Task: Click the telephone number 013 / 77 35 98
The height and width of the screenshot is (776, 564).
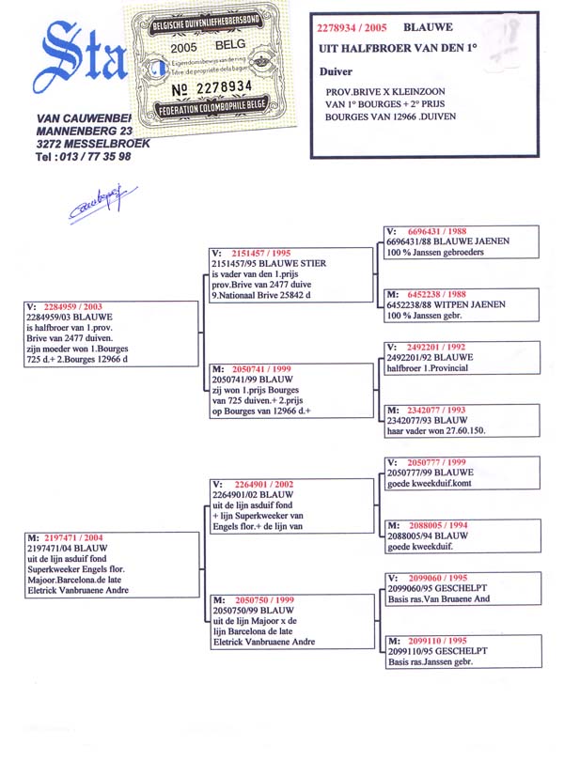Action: [83, 157]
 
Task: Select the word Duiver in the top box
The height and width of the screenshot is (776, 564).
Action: [337, 70]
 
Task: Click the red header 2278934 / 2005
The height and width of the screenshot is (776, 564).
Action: [353, 29]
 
